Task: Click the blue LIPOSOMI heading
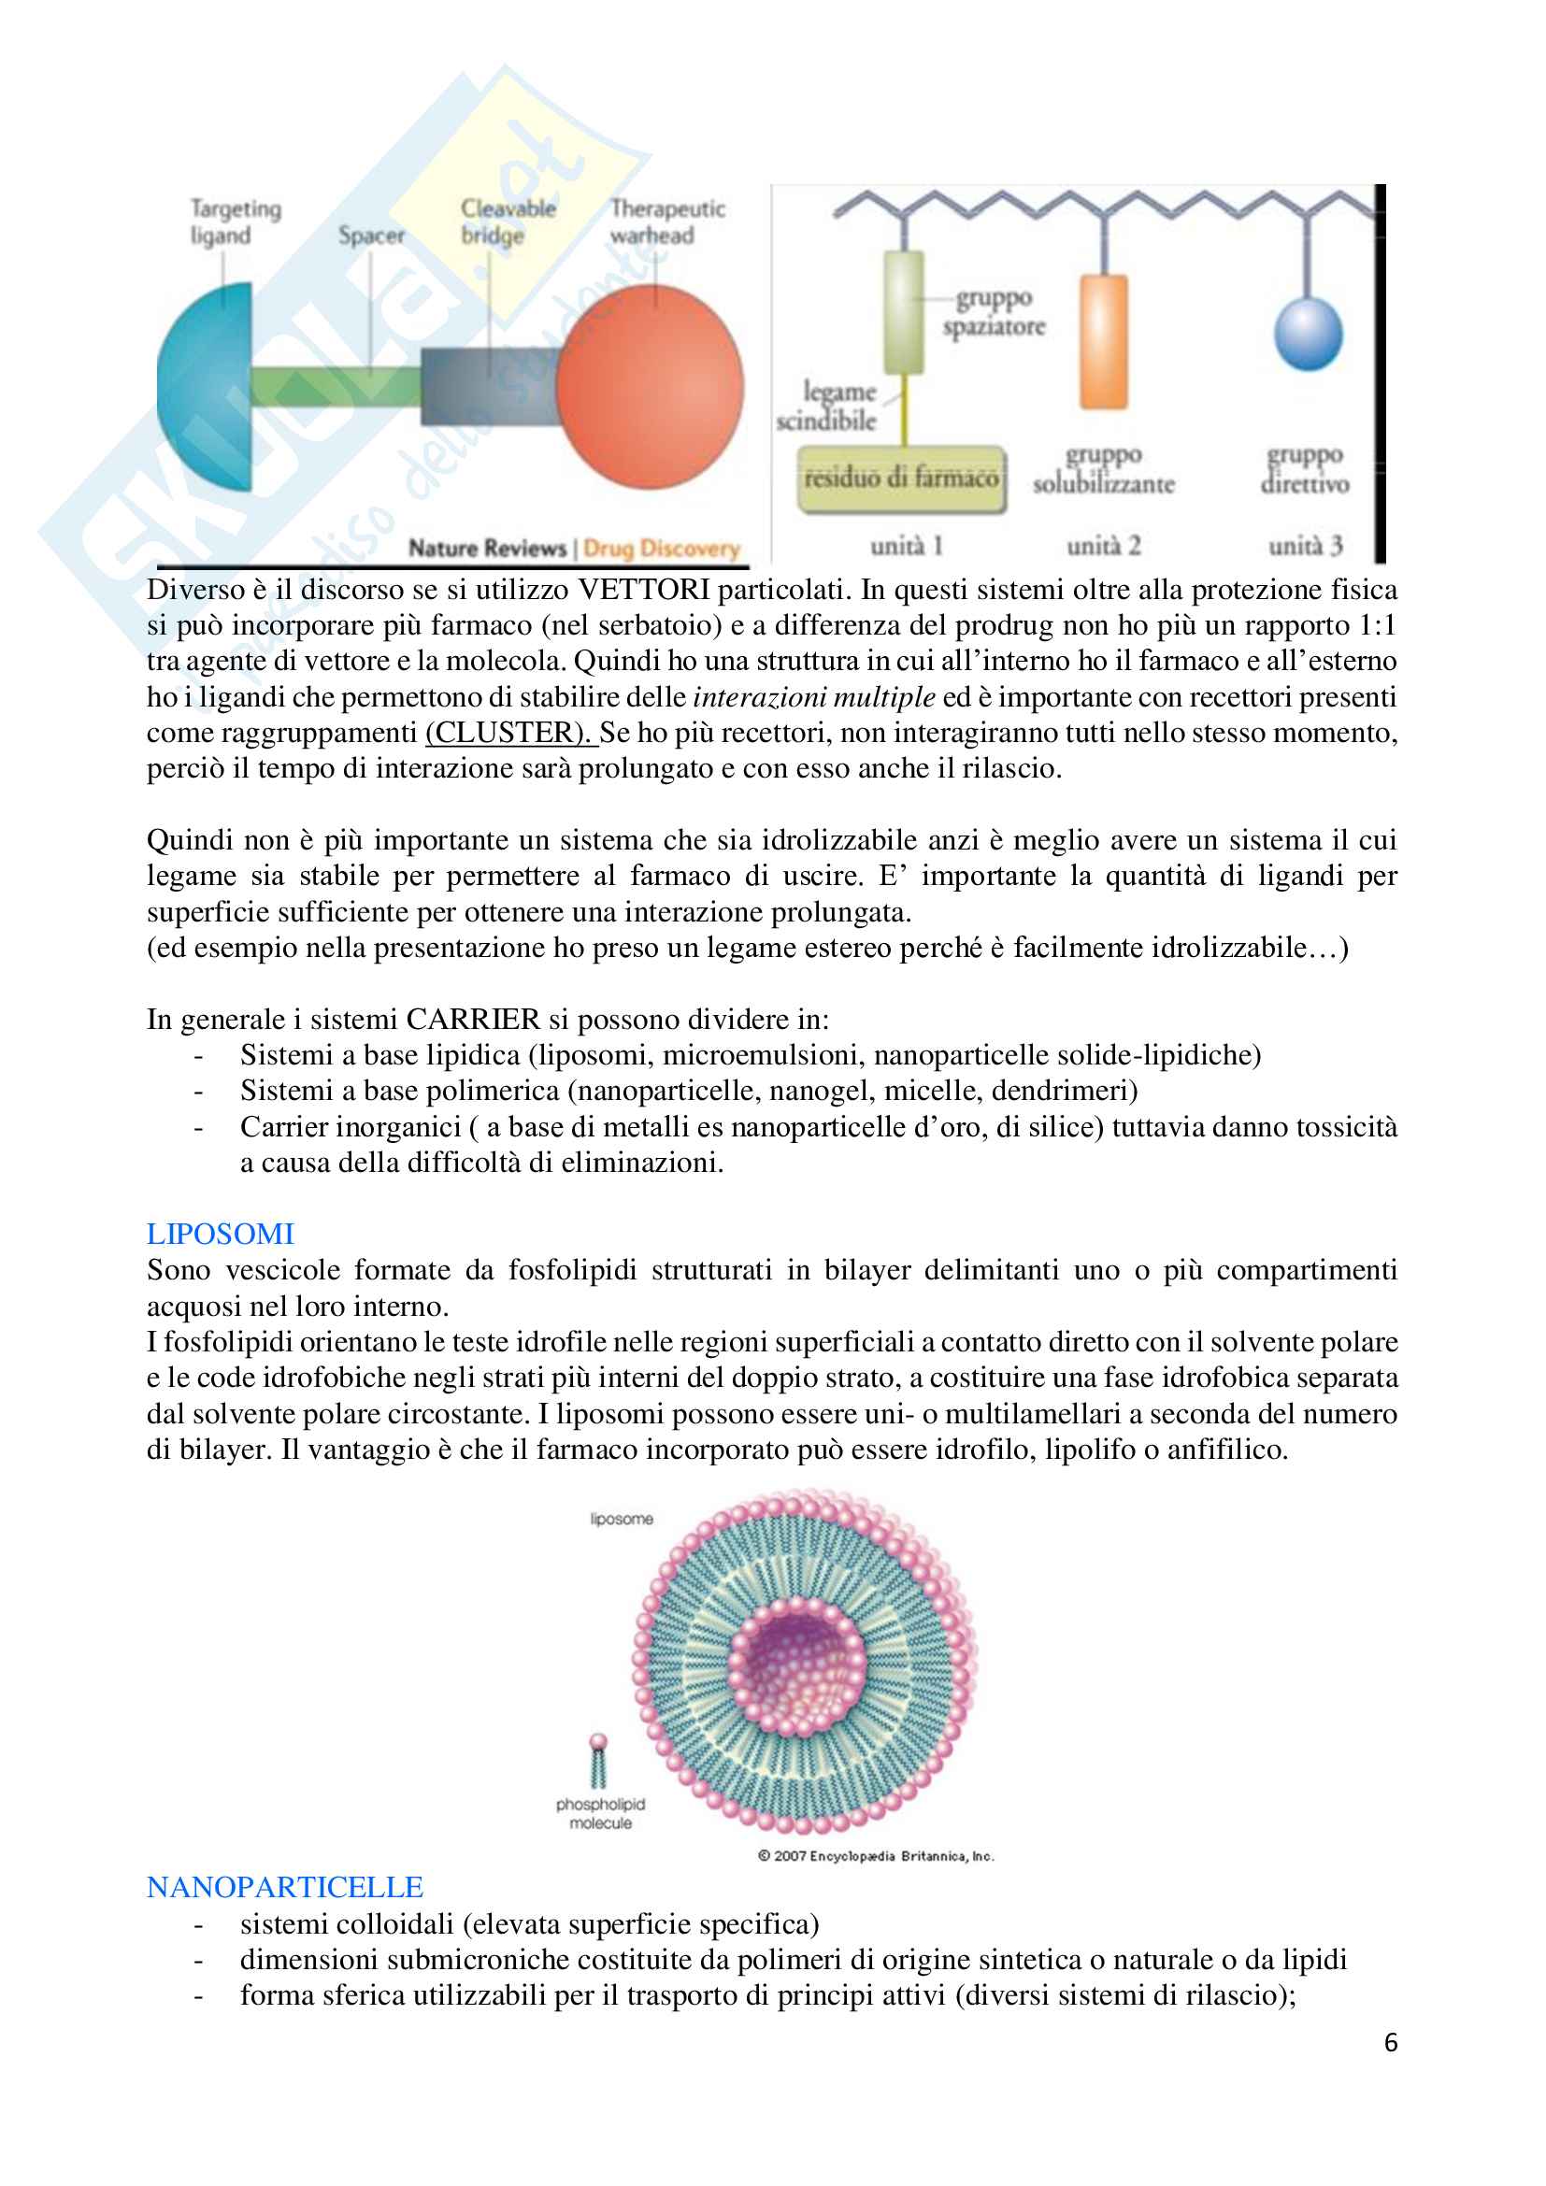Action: click(220, 1234)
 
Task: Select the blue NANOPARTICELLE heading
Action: click(285, 1887)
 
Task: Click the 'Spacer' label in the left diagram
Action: click(371, 236)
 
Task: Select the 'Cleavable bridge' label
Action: click(508, 221)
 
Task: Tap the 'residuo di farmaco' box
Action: click(900, 478)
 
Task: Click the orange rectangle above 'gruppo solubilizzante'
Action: click(1103, 342)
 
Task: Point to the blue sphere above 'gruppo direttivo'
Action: click(1308, 334)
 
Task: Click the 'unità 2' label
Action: click(1103, 546)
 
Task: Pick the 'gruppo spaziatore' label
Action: click(994, 312)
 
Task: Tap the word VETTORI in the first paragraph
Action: click(643, 590)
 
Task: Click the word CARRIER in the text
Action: click(472, 1019)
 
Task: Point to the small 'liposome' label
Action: click(621, 1519)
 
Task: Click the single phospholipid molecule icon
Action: click(598, 1761)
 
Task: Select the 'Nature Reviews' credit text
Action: click(486, 549)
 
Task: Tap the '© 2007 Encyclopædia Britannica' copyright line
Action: click(876, 1856)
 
